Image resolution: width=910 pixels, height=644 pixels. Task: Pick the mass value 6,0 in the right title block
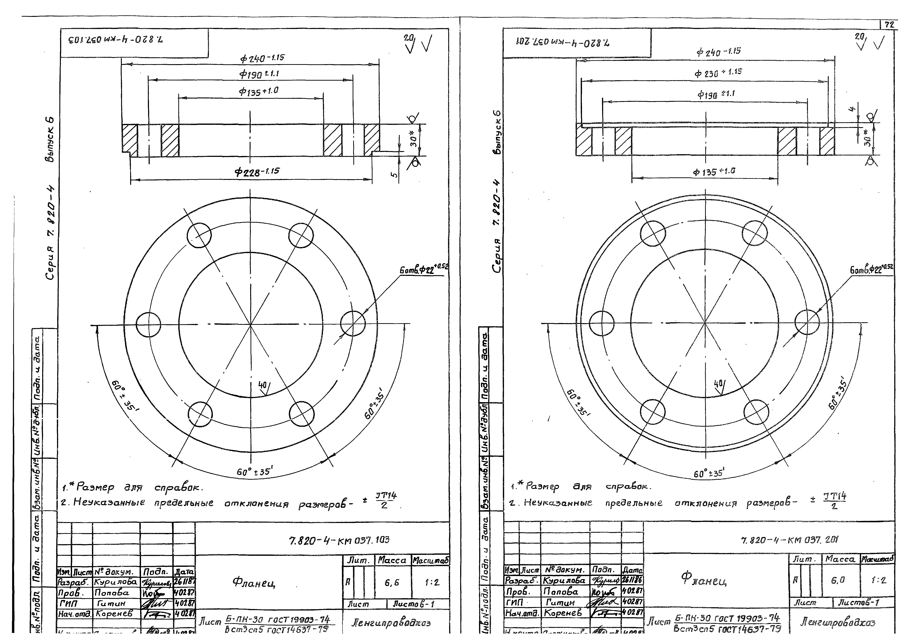pos(840,580)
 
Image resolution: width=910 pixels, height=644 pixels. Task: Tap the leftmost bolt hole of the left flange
pos(148,324)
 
